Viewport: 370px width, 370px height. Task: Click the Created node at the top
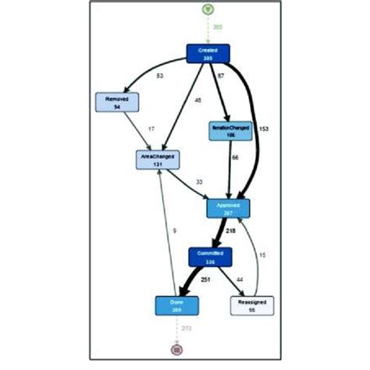point(207,53)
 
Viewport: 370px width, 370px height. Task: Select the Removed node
point(116,102)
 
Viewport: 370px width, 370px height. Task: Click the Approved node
point(228,208)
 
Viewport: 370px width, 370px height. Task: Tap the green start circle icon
point(207,9)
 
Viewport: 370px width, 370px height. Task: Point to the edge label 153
point(264,128)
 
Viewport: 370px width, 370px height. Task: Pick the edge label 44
point(239,279)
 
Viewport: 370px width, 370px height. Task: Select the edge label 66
point(234,158)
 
